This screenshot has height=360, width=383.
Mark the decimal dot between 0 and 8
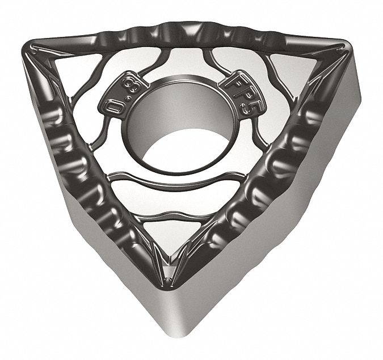(x=122, y=96)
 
